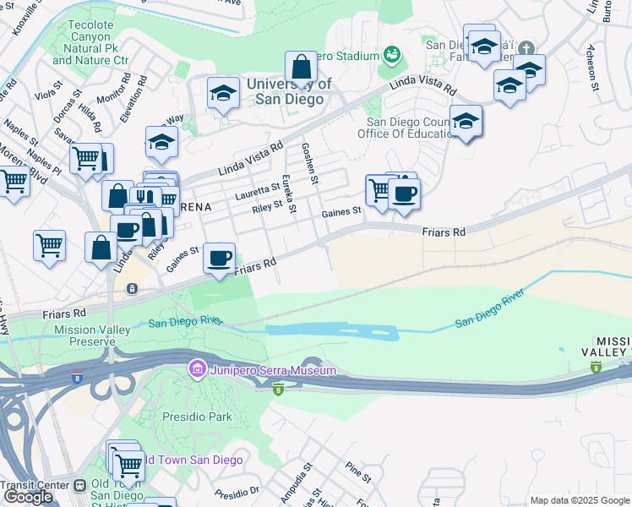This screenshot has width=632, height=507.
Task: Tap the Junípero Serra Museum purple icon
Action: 198,369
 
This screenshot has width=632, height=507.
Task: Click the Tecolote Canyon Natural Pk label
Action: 90,42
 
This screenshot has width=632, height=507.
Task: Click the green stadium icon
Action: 391,56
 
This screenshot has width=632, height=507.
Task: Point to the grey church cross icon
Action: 527,48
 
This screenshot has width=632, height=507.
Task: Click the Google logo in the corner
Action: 28,497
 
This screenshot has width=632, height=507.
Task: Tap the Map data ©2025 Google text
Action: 579,500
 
